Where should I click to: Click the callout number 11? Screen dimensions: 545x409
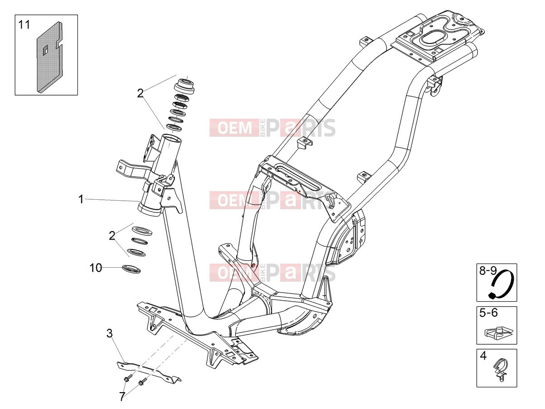pos(24,25)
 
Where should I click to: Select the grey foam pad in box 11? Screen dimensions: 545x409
pos(50,57)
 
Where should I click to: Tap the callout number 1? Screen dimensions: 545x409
pos(81,199)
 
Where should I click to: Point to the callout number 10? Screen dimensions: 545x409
pos(96,268)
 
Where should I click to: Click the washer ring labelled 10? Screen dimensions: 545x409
pos(132,269)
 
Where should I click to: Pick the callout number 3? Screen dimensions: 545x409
pos(110,333)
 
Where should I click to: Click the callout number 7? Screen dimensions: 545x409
pos(122,397)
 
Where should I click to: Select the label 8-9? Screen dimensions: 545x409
pos(488,271)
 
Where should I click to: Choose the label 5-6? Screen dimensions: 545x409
pos(488,313)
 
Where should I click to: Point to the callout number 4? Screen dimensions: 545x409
pos(483,356)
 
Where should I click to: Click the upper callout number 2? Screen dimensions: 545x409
pos(140,94)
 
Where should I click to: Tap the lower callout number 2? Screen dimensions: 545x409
pos(112,236)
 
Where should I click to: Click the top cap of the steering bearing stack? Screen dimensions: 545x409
pos(184,86)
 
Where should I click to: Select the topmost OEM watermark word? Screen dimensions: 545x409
pos(234,128)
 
